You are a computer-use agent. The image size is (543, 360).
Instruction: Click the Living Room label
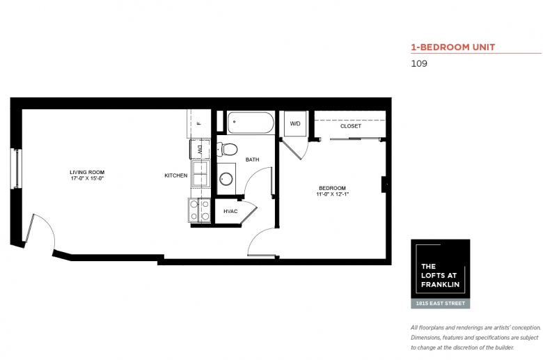(87, 172)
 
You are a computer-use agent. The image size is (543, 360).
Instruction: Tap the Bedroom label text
(332, 188)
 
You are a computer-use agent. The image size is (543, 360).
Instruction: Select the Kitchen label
(176, 175)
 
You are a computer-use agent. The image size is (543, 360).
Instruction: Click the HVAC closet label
(230, 212)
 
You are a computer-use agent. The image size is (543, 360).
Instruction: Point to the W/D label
(295, 124)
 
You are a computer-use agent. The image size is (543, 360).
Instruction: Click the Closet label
(350, 126)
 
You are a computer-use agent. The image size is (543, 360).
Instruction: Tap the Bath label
(252, 159)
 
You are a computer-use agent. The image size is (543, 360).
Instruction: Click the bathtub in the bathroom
(251, 123)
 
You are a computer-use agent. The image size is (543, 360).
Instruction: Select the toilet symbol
(227, 149)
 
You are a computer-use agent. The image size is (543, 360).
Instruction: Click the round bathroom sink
(226, 179)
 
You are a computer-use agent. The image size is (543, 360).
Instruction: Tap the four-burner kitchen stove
(200, 210)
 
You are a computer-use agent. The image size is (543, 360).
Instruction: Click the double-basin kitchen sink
(201, 173)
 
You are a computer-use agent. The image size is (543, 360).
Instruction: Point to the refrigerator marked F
(199, 123)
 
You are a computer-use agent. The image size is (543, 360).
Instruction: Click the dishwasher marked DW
(200, 149)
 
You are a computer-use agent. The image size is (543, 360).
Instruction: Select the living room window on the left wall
(17, 169)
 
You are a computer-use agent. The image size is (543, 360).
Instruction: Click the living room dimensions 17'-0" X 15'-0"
(87, 178)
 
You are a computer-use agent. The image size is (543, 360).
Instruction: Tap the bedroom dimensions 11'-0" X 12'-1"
(332, 194)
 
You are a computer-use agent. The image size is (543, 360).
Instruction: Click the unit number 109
(419, 63)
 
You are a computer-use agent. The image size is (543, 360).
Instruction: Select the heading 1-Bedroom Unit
(453, 47)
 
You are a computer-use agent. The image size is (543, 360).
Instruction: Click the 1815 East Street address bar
(441, 304)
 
